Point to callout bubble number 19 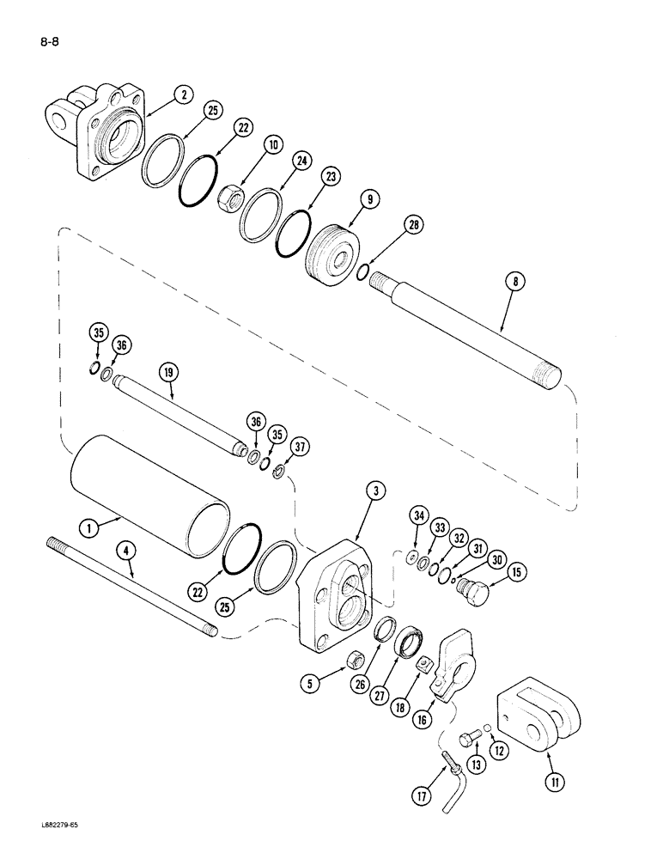167,372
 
